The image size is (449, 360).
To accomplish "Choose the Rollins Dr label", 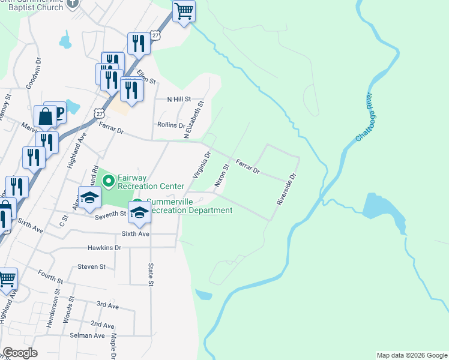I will (171, 125).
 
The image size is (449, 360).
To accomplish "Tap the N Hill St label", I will (178, 99).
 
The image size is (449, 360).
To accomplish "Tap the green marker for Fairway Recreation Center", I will (108, 179).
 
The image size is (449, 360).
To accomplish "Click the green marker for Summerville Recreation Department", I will (137, 203).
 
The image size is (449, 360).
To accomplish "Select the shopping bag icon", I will (45, 115).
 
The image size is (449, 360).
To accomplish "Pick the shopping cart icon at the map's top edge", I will (184, 11).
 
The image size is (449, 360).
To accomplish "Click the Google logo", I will (20, 353).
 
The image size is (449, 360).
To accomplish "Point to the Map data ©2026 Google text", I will (411, 355).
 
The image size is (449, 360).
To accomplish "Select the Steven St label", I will (91, 266).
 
